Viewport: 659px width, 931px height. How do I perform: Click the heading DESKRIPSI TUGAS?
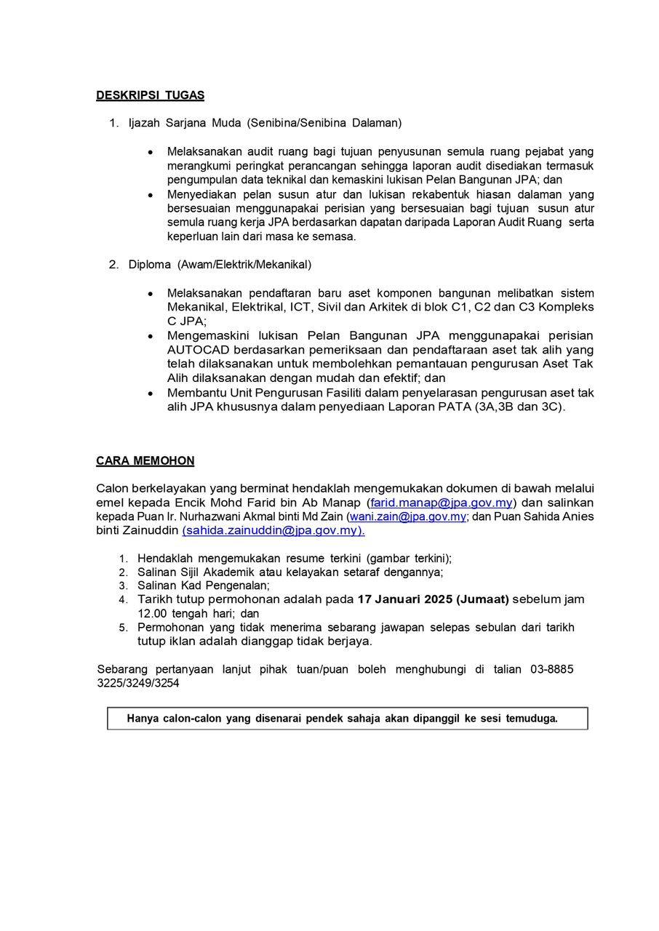click(x=150, y=95)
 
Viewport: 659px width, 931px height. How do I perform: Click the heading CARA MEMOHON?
click(x=145, y=461)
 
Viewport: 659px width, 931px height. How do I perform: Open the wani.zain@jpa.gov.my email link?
click(x=408, y=516)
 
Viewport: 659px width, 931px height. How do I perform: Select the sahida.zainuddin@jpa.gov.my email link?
click(x=273, y=531)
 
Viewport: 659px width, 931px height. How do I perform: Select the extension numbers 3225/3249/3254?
click(x=138, y=684)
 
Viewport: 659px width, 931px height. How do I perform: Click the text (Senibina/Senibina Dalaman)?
click(x=324, y=123)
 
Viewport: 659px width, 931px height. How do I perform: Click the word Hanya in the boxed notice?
click(x=143, y=719)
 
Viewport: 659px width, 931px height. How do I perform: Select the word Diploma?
click(x=150, y=264)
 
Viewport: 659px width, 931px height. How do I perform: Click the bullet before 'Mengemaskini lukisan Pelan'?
click(x=151, y=336)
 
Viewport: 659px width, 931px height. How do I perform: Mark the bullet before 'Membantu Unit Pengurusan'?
click(x=151, y=393)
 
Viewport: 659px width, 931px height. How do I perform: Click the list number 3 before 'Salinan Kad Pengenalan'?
click(x=124, y=586)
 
